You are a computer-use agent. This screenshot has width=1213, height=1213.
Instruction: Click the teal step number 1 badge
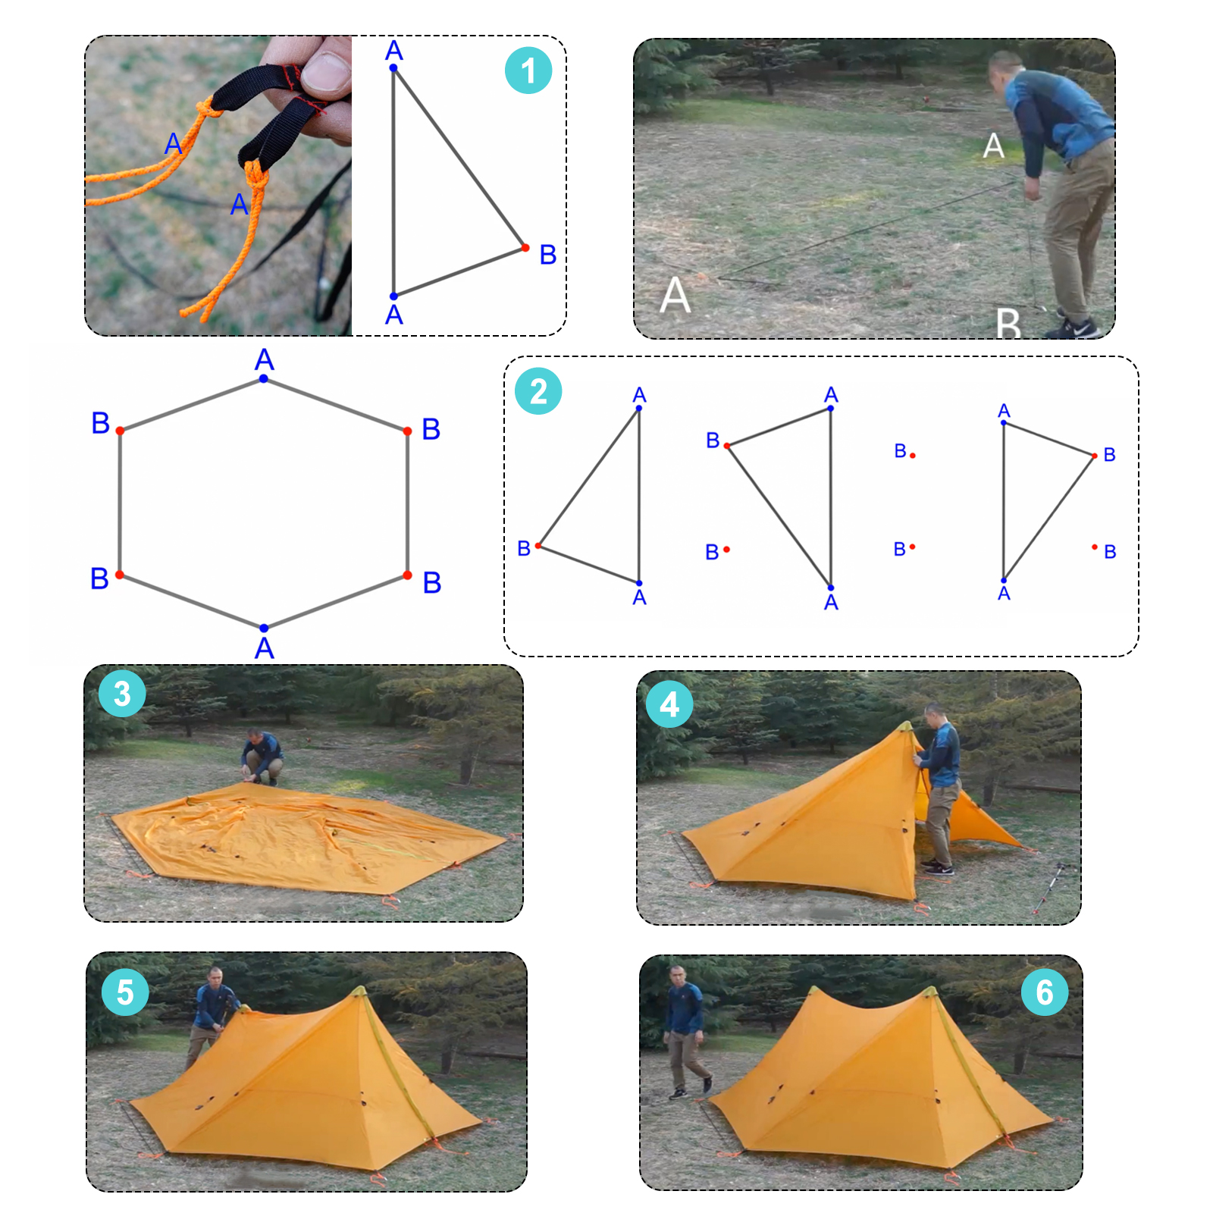528,71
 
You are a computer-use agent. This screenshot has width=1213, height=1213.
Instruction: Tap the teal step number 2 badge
538,391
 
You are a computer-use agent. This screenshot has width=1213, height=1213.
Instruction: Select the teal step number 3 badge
122,694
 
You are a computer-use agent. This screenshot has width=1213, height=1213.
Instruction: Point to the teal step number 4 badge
669,704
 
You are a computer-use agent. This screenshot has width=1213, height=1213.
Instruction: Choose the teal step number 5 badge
125,992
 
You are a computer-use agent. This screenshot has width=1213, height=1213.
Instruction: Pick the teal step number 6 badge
1045,992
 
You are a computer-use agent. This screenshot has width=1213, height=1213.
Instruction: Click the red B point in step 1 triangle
525,248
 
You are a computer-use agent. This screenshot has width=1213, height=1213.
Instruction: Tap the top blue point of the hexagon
263,378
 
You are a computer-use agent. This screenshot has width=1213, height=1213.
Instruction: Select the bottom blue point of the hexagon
264,628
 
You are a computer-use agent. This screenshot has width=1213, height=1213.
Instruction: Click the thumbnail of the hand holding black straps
218,186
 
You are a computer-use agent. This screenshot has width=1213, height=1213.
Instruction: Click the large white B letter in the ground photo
1008,323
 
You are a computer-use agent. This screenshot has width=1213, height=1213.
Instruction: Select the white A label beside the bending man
993,146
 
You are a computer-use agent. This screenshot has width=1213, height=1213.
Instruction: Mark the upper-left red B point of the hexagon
120,431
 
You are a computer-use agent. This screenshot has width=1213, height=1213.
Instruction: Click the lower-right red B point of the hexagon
407,575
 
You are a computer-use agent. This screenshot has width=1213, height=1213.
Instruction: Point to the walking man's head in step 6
676,974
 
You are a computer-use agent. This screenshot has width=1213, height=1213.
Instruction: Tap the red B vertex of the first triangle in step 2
538,546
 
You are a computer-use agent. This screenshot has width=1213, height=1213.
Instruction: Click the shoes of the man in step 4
937,868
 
